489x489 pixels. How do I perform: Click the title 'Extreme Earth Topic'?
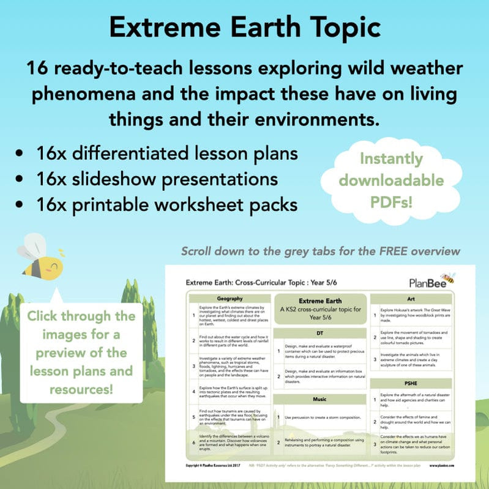coord(244,28)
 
